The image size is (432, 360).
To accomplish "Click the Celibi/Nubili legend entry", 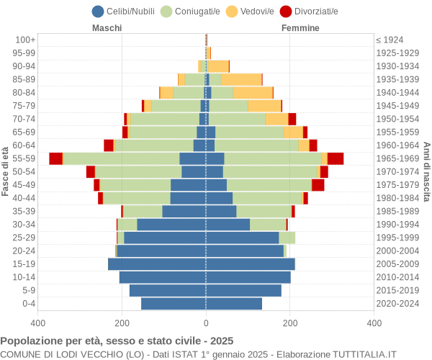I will click(x=125, y=11).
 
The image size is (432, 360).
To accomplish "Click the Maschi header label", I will click(x=107, y=28).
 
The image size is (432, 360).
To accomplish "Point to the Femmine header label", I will click(x=301, y=28).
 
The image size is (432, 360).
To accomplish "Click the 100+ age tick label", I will click(x=25, y=40).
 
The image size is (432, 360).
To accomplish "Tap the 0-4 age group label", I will click(x=29, y=304).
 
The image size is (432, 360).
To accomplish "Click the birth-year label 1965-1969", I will click(x=398, y=158).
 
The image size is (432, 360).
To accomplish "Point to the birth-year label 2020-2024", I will click(x=398, y=304).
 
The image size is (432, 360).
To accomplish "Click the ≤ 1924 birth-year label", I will click(x=390, y=40).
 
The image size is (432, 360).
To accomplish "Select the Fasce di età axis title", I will click(x=6, y=171).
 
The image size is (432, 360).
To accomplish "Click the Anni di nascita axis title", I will click(x=426, y=171).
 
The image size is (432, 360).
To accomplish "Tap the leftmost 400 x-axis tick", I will click(x=38, y=324).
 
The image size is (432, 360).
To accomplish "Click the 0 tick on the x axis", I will click(x=206, y=324).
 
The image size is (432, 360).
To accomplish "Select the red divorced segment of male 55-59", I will click(x=55, y=158).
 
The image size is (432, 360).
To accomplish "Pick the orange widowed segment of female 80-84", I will click(x=253, y=92).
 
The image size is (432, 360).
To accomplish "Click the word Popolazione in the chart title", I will click(x=31, y=341).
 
